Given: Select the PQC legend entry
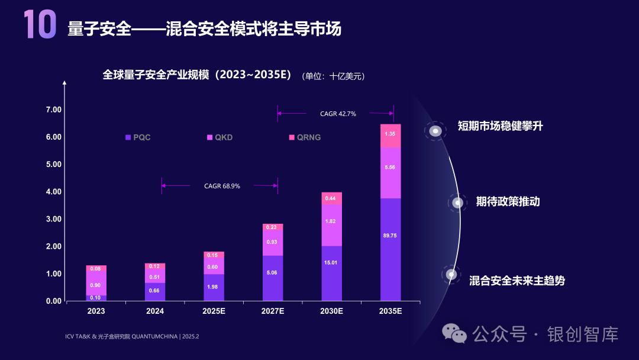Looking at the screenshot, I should click(138, 137).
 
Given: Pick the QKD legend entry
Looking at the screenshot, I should click(220, 137).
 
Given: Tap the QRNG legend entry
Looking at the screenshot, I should click(305, 137).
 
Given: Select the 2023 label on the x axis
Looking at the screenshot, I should click(96, 311).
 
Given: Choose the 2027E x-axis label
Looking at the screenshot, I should click(273, 311).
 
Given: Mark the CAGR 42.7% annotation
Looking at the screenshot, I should click(338, 114).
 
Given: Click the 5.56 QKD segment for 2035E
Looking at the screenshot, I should click(390, 168).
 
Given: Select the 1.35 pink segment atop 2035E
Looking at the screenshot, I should click(390, 134).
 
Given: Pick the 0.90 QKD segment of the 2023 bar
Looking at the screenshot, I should click(96, 285).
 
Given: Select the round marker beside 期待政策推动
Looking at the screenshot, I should click(457, 202).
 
